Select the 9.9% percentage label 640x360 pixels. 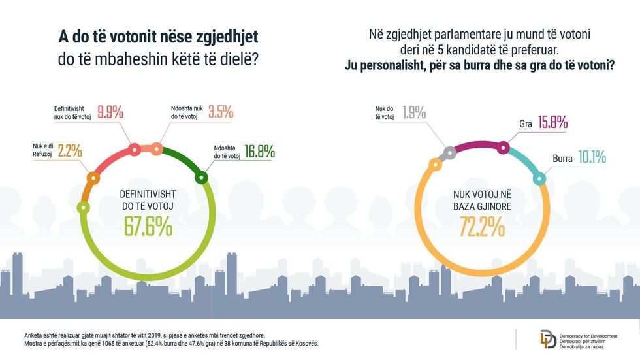tap(110, 112)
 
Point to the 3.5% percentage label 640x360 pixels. tap(220, 112)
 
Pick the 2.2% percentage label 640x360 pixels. tap(69, 151)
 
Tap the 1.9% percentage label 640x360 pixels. tap(414, 111)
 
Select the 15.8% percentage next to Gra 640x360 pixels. tap(552, 122)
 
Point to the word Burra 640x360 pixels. tap(563, 158)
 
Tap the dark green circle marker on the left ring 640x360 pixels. tap(201, 177)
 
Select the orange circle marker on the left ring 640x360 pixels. tap(93, 177)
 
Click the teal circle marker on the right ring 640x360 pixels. tap(540, 177)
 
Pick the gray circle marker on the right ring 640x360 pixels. tap(449, 154)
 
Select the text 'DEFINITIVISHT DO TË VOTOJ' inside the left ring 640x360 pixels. tap(148, 200)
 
